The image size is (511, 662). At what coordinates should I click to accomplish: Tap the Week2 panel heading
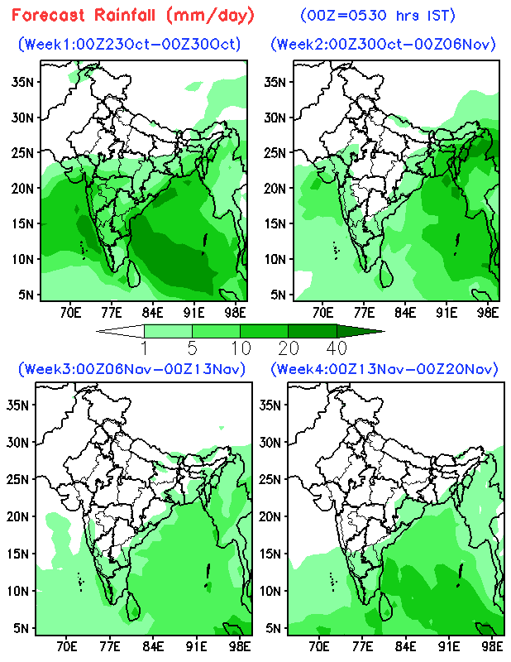[384, 45]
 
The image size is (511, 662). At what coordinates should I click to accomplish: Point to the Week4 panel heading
[384, 368]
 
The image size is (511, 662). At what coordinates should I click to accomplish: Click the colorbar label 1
[144, 346]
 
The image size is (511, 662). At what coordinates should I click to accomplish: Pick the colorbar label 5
[192, 346]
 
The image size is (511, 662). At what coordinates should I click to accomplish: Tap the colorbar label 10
[240, 346]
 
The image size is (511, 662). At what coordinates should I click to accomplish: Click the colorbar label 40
[336, 346]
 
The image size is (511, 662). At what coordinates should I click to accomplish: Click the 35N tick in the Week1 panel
[22, 81]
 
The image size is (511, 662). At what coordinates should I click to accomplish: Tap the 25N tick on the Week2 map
[275, 152]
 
